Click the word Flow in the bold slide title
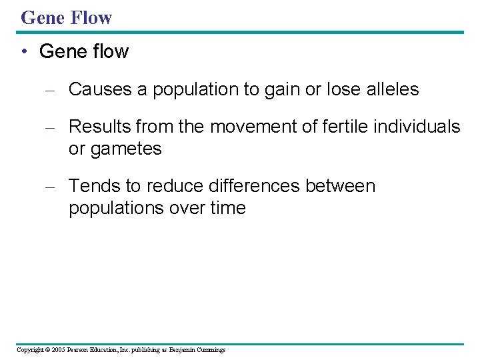point(91,17)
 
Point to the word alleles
point(393,89)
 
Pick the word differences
point(253,186)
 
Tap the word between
point(341,186)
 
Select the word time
point(227,209)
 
